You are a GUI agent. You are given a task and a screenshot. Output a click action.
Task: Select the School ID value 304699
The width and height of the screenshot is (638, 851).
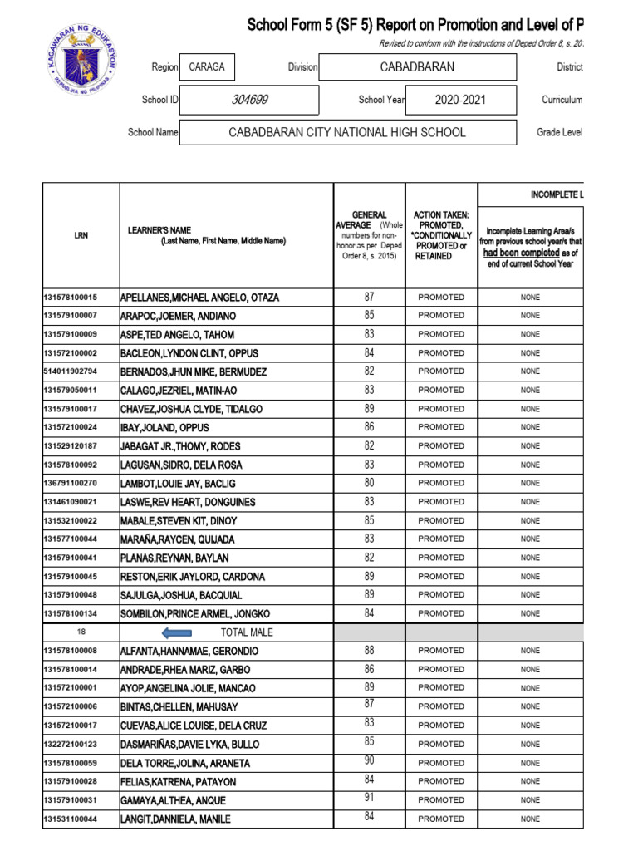coord(249,101)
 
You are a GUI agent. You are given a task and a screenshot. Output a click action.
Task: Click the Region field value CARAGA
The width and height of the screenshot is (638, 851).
coord(207,67)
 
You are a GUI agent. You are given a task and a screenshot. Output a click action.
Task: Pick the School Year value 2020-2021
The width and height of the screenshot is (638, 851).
coord(460,101)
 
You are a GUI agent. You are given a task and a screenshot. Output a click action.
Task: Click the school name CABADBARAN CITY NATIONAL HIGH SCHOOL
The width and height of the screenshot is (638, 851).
coord(347,132)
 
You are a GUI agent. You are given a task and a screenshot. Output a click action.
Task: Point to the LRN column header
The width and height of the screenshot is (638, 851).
coord(81,235)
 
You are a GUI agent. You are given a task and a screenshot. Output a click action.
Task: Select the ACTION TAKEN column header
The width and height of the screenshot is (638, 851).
coord(441,235)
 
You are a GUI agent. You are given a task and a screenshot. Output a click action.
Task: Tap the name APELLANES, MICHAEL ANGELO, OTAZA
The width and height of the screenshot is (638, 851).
coord(199,297)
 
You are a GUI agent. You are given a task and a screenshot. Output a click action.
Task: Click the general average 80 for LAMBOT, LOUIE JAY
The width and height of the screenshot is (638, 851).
coord(369,483)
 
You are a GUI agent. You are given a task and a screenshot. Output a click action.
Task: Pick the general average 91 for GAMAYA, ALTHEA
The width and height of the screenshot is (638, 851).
coord(369,798)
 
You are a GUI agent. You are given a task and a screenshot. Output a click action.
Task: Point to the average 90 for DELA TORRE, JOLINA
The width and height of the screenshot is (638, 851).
coord(369,761)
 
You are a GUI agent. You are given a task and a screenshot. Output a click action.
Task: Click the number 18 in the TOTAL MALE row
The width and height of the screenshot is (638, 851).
coord(81,632)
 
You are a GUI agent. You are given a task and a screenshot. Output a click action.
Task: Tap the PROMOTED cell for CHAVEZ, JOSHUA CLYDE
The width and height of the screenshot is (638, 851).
coord(441,409)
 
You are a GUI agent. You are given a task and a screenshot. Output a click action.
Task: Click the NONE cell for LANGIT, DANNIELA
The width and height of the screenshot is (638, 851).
coord(530,819)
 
